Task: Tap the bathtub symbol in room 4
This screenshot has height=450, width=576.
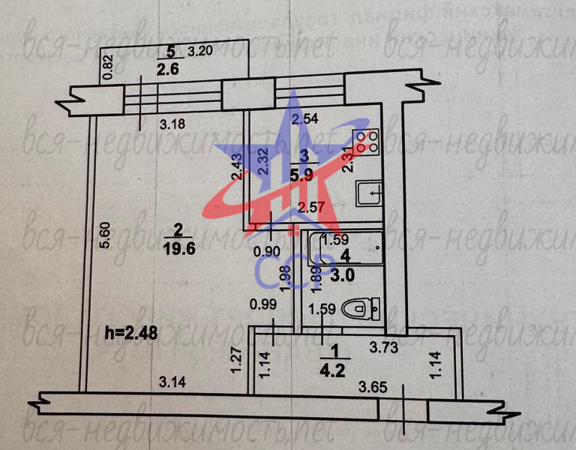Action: coord(346,247)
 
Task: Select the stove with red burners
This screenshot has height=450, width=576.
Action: coord(364,142)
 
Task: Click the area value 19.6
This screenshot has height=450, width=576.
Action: coord(179,250)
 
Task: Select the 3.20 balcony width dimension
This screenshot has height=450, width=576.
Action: coord(200,52)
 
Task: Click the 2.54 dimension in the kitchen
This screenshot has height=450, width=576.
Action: coord(305,118)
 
